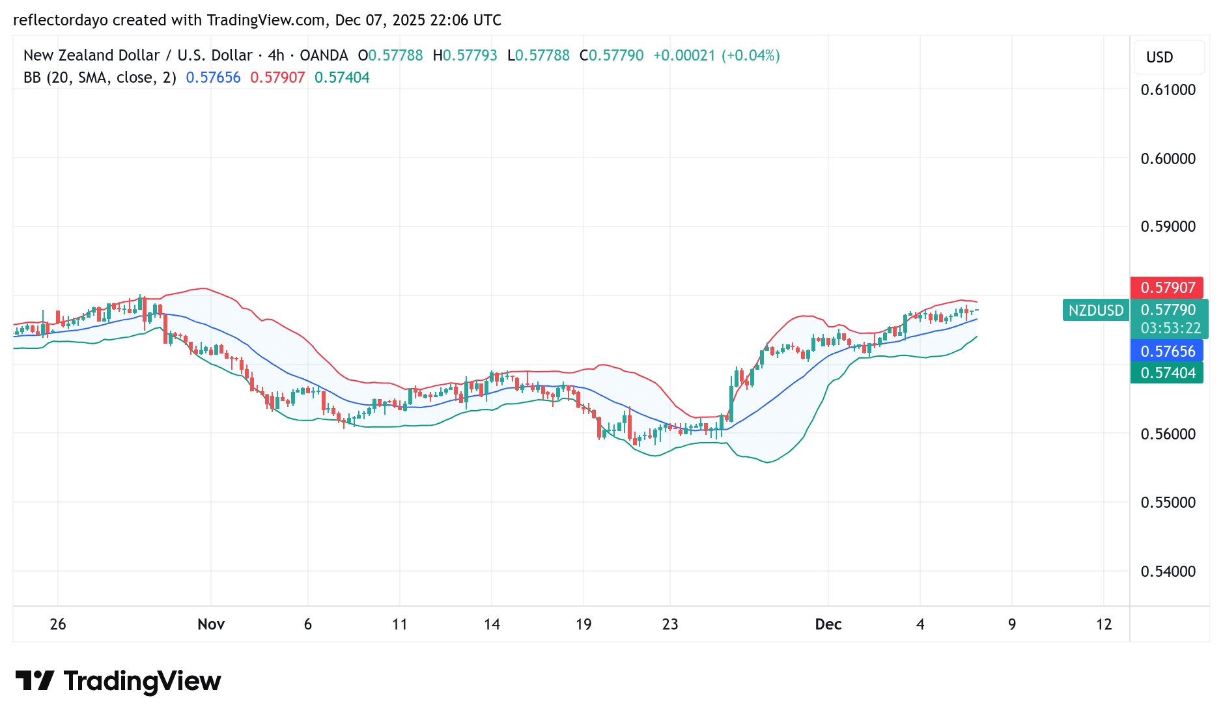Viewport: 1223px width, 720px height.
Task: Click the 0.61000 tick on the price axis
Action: tap(1168, 90)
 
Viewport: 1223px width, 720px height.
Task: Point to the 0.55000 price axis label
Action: tap(1168, 503)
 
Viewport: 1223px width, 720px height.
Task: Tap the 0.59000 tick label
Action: tap(1168, 227)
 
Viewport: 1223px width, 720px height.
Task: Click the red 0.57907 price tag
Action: tap(1167, 288)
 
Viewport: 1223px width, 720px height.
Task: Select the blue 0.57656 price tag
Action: tap(1167, 352)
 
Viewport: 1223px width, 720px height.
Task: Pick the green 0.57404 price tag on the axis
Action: tap(1167, 373)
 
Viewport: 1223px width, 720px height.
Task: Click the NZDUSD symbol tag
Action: tap(1096, 311)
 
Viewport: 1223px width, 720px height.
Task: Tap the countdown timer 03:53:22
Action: tap(1170, 328)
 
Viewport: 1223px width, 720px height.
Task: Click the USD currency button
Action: tap(1159, 57)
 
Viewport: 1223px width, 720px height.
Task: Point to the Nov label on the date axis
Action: tap(211, 624)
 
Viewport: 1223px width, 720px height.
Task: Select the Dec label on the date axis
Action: tap(828, 624)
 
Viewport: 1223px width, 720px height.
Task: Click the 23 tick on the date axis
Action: tap(670, 624)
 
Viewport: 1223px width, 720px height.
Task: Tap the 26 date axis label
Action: tap(58, 624)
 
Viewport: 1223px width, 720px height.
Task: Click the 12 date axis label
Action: tap(1104, 624)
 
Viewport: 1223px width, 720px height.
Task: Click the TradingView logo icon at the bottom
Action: tap(35, 681)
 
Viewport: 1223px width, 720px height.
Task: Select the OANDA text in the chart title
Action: tap(324, 55)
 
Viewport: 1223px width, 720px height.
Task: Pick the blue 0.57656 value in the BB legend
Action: tap(213, 77)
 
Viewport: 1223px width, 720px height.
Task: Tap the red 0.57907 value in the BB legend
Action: tap(277, 77)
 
